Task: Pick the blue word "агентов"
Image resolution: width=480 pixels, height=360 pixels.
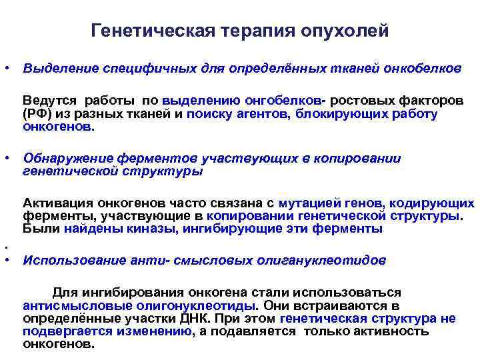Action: (269, 113)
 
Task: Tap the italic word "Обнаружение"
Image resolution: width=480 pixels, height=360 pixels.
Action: (69, 158)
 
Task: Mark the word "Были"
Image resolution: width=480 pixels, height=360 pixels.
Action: (41, 229)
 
